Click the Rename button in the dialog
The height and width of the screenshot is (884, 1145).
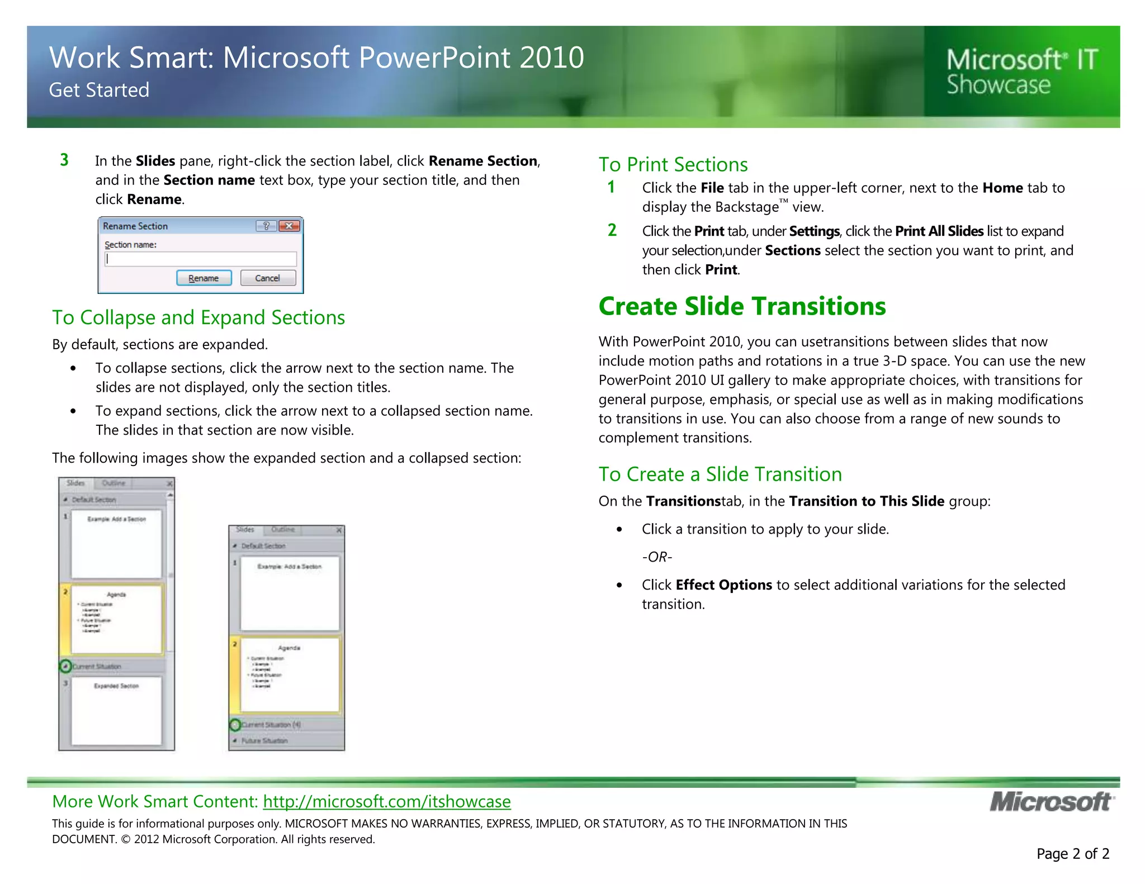coord(204,278)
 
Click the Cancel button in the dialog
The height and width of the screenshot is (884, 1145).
coord(268,278)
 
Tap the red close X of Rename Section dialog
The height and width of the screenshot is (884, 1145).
coord(289,226)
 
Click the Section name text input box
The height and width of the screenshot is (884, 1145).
coord(200,259)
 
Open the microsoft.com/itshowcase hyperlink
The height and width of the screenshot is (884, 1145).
coord(386,801)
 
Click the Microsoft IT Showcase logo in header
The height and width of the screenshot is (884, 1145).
coord(1021,72)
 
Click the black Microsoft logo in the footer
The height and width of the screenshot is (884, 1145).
coord(1052,802)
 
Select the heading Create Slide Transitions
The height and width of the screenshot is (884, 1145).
coord(742,306)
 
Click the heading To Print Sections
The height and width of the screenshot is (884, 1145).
coord(673,164)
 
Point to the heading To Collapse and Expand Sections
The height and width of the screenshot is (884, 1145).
coord(198,317)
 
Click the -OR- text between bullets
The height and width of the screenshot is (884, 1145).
coord(657,557)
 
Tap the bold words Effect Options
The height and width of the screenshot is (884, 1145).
coord(723,584)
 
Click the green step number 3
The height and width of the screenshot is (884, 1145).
coord(64,160)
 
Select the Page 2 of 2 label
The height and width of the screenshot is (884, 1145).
coord(1072,853)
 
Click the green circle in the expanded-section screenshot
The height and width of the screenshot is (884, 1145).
coord(65,666)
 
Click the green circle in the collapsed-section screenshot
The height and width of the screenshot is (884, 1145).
coord(235,725)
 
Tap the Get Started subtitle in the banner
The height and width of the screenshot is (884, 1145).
coord(99,90)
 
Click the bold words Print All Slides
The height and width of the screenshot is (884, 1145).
coord(939,231)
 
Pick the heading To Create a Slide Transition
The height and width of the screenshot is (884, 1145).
coord(720,474)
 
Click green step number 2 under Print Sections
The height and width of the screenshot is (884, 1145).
coord(612,230)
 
